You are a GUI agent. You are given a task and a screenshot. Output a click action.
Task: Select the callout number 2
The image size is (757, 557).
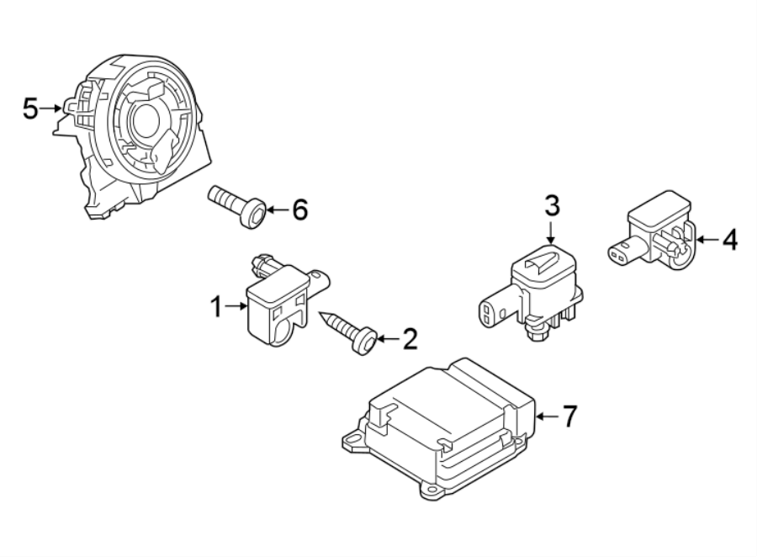coord(410,339)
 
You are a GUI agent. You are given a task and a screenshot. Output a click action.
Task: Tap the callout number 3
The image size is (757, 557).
coord(551,204)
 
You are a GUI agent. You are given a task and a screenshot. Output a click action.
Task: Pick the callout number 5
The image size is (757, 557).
coord(30,108)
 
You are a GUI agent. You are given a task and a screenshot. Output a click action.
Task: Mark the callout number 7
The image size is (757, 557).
coord(569,415)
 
